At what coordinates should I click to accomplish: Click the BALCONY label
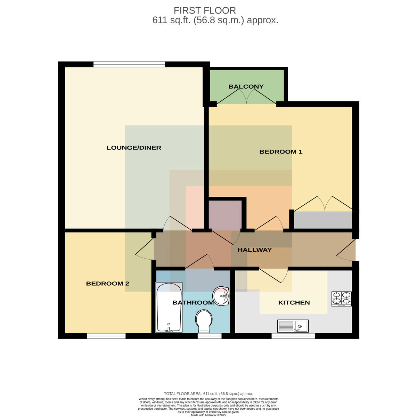(x=246, y=87)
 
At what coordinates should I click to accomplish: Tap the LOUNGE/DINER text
(x=134, y=148)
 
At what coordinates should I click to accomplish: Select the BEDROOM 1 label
(x=281, y=152)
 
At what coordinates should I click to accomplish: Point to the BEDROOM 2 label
(x=107, y=284)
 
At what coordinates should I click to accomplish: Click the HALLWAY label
(x=254, y=250)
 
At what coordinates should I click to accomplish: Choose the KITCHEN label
(x=294, y=303)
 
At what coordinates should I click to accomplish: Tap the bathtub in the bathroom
(x=169, y=307)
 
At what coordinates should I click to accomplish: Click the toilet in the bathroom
(x=204, y=321)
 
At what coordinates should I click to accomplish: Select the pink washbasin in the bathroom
(x=221, y=296)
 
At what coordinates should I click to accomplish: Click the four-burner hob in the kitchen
(x=342, y=299)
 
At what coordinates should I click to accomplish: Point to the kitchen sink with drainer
(x=293, y=326)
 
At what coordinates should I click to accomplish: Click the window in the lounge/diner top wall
(x=129, y=64)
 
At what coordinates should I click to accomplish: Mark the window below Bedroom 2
(x=106, y=336)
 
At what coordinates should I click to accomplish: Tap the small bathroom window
(x=210, y=336)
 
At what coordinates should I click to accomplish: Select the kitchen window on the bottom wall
(x=293, y=336)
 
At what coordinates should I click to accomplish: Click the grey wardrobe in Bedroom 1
(x=322, y=220)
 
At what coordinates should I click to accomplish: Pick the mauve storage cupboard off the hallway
(x=225, y=215)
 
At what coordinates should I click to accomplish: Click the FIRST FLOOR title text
(x=204, y=10)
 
